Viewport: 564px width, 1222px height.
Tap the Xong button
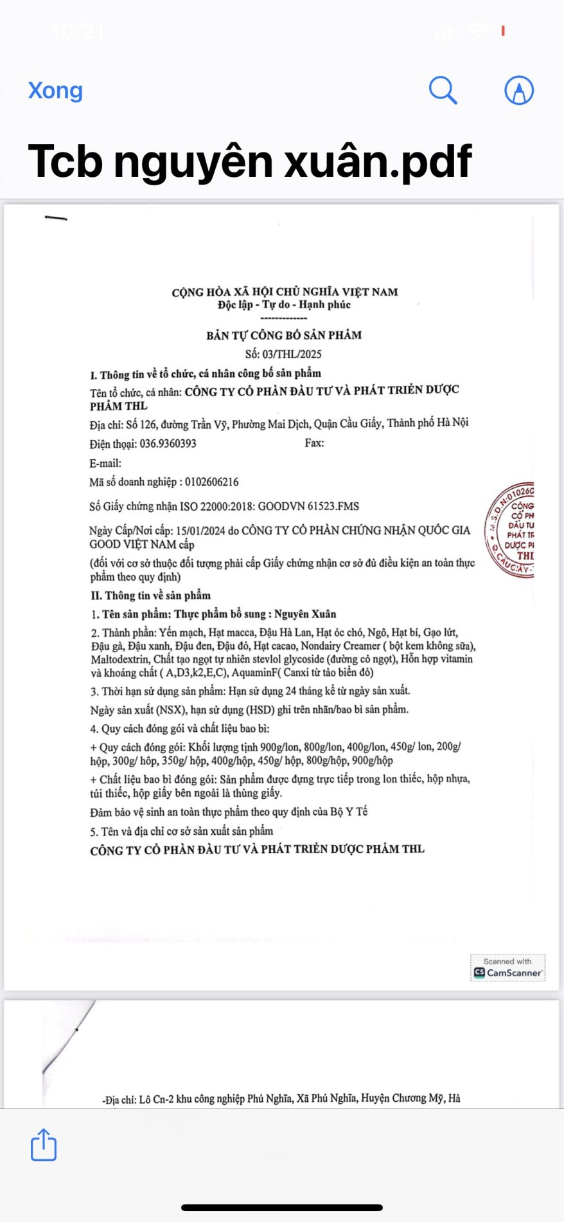(55, 91)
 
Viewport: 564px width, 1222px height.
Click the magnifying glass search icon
(443, 90)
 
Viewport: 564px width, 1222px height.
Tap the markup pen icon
(518, 90)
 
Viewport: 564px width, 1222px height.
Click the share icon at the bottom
(44, 1145)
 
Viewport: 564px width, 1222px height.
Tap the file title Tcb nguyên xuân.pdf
(250, 161)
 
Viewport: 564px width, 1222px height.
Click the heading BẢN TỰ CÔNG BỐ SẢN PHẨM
(284, 335)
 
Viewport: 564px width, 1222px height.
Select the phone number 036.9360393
(168, 444)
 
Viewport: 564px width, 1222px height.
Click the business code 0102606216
(211, 482)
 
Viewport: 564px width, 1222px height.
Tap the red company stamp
(511, 531)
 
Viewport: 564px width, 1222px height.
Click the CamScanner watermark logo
(507, 968)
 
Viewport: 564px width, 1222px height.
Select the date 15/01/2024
(200, 531)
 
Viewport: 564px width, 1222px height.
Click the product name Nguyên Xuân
(305, 614)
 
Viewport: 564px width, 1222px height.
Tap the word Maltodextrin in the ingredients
(119, 659)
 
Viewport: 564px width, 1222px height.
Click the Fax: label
(314, 443)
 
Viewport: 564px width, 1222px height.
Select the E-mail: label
(105, 463)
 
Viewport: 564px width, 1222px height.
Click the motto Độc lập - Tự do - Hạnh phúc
(284, 305)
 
